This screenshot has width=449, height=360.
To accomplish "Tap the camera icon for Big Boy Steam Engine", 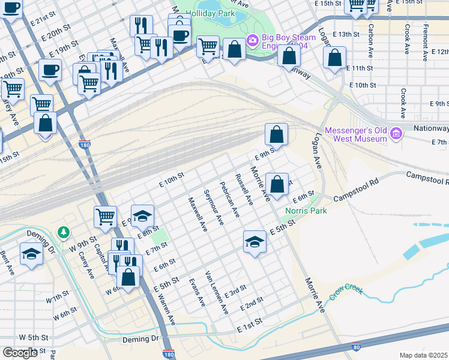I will [253, 40].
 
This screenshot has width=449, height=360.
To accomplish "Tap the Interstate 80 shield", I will [357, 346].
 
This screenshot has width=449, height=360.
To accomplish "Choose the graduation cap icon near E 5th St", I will [255, 242].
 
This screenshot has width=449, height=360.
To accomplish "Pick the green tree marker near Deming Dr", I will [63, 232].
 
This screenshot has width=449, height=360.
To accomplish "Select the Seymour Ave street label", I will [214, 207].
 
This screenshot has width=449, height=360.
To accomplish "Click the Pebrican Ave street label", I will [230, 200].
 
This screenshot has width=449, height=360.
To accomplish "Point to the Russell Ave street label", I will [245, 190].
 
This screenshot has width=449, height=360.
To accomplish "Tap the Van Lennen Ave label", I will [217, 292].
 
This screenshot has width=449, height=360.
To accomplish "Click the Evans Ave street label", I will [197, 292].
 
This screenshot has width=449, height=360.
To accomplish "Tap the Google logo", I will [20, 353].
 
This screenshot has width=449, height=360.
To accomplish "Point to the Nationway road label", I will [431, 128].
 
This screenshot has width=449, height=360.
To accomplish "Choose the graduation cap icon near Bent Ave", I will [31, 254].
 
